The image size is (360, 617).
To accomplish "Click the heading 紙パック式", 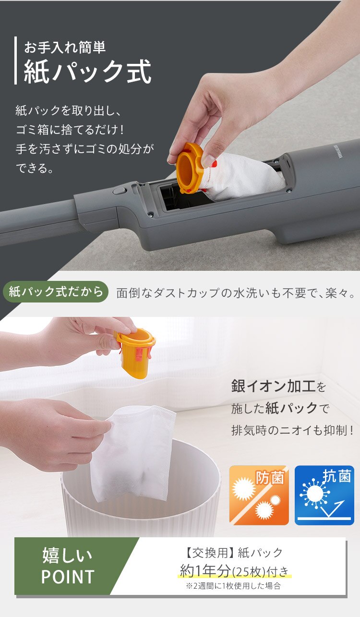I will (x=88, y=72).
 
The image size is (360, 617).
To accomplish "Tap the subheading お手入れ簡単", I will (x=65, y=47).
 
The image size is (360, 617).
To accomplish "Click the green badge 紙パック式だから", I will (x=56, y=291).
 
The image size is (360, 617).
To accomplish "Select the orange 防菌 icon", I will (x=259, y=495).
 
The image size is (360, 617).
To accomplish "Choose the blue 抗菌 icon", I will (x=324, y=495).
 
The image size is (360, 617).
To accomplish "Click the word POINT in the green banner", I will (x=67, y=577).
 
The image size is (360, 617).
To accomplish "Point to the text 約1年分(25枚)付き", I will (x=235, y=571).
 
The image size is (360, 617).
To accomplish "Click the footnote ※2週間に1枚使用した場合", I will (x=233, y=586).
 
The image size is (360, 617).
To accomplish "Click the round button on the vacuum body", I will (x=118, y=191).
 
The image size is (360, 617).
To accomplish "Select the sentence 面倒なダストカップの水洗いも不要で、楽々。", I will (x=237, y=293).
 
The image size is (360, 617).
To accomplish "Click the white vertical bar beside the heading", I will (x=16, y=60).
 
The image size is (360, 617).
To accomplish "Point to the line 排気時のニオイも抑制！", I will (x=292, y=430).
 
